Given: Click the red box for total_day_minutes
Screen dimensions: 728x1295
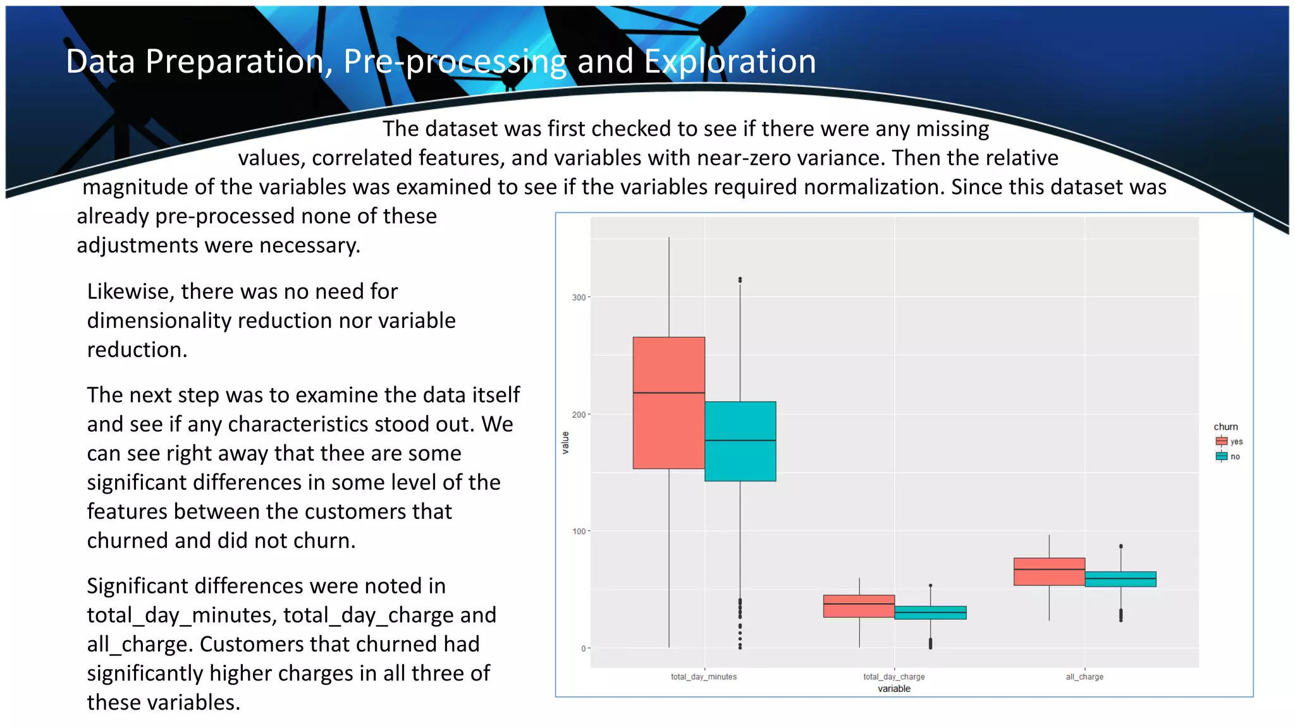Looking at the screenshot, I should (x=668, y=403).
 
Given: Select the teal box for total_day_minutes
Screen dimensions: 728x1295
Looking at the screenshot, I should (x=740, y=441).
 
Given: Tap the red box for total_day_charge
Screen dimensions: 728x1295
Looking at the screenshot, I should (x=859, y=606).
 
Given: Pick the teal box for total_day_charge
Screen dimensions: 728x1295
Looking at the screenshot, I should (x=930, y=612).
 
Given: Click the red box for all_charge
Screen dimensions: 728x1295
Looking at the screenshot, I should (x=1049, y=571).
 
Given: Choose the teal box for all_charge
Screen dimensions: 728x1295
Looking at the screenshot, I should (x=1120, y=579).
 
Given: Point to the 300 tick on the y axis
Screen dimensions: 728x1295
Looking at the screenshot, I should (x=579, y=298).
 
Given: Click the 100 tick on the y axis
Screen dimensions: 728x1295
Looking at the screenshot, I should (x=579, y=531).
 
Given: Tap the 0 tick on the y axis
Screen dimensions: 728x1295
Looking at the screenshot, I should (x=583, y=648).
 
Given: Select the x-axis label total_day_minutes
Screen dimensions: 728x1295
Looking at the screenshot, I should (x=704, y=677).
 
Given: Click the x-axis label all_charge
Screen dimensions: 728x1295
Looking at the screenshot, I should (x=1084, y=677).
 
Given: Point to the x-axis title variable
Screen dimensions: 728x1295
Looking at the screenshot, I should (x=893, y=689).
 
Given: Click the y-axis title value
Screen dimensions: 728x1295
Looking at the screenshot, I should (x=565, y=442).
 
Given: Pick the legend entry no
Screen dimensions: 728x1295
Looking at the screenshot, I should (x=1235, y=456).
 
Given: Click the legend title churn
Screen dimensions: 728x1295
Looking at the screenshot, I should (x=1225, y=427).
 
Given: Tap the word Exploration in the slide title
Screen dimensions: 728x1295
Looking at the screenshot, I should (x=730, y=61).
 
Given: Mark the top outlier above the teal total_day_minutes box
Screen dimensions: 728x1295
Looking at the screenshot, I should (x=740, y=279).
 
